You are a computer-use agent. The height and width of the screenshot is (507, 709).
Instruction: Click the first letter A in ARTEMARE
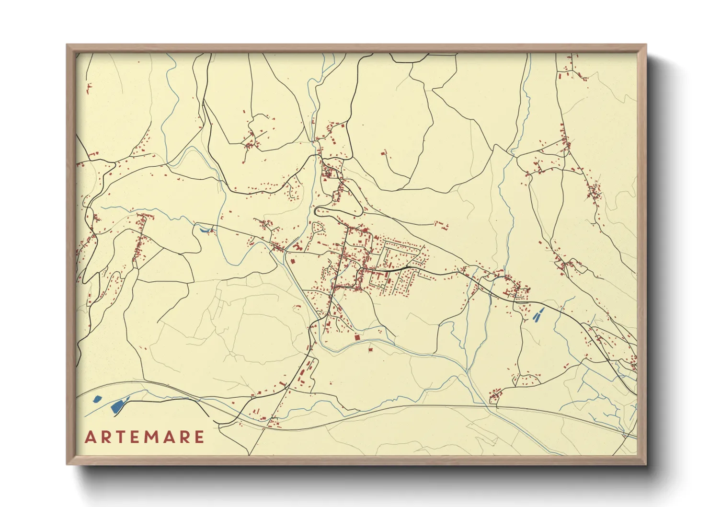click(90, 437)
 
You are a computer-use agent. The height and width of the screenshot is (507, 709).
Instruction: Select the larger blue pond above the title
click(118, 405)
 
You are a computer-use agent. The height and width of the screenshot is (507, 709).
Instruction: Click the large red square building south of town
click(356, 338)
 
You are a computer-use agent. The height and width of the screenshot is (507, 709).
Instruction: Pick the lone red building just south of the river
click(370, 349)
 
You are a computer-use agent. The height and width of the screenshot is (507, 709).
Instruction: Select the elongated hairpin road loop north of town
click(338, 211)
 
